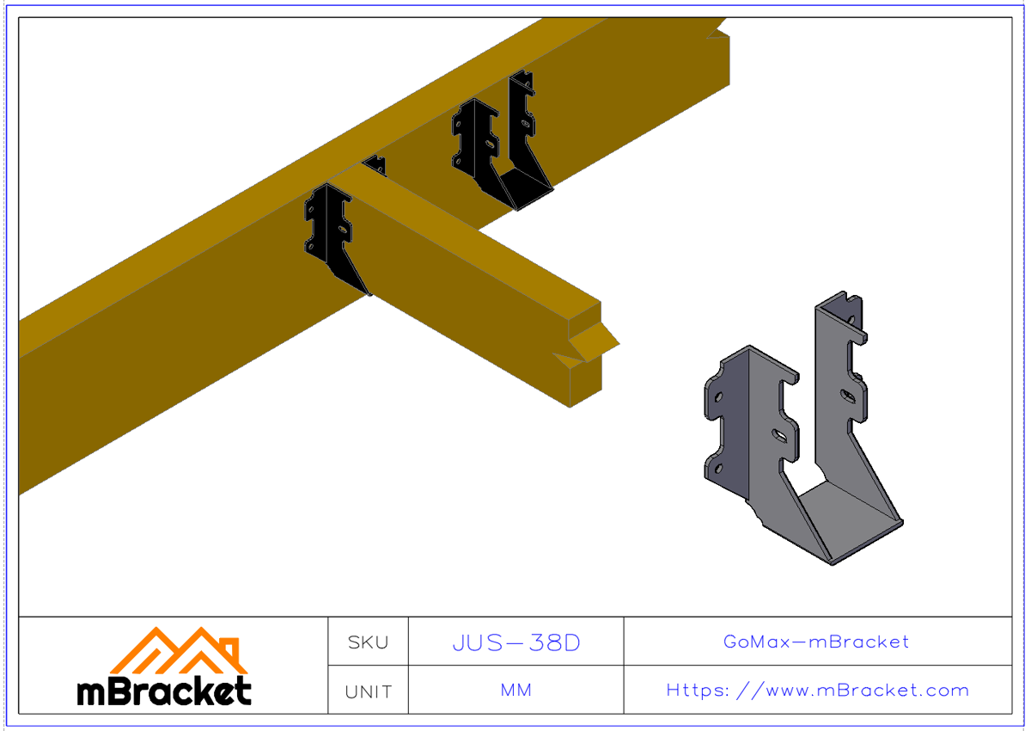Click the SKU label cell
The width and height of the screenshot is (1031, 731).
coord(368,642)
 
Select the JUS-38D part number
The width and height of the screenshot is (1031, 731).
coord(516,642)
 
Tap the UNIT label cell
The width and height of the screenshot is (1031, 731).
coord(368,691)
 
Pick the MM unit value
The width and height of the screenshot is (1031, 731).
coord(516,691)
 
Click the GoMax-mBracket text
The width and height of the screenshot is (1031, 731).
coord(816,642)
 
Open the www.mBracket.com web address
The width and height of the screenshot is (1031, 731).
coord(817,691)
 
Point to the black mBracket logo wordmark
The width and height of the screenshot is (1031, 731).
coord(164,691)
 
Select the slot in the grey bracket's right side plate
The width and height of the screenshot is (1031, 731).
coord(848,395)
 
